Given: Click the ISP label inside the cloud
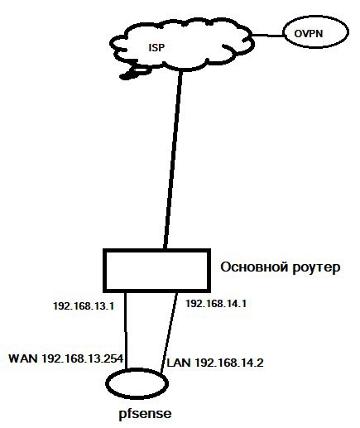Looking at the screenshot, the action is pos(156,47).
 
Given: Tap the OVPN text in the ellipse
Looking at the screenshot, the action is pos(309,34).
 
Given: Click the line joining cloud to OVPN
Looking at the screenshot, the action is pos(267,36).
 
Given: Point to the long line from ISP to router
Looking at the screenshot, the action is pos(173,160).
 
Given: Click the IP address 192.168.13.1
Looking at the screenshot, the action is pos(84,306).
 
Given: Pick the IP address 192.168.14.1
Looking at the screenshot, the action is pos(216,304).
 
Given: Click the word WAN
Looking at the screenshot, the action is pos(23,358).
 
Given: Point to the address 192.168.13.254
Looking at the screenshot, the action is pos(83,358).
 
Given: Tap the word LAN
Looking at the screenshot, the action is pos(179,363).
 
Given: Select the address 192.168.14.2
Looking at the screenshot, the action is pos(229,363).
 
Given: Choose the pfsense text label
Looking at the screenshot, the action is pos(145,414).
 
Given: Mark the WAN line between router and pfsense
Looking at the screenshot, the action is pos(126,330).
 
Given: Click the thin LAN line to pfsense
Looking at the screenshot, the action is pos(169,332).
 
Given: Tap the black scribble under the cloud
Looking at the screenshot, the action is pos(134,72).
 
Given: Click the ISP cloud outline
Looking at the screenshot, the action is pos(181,68).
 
